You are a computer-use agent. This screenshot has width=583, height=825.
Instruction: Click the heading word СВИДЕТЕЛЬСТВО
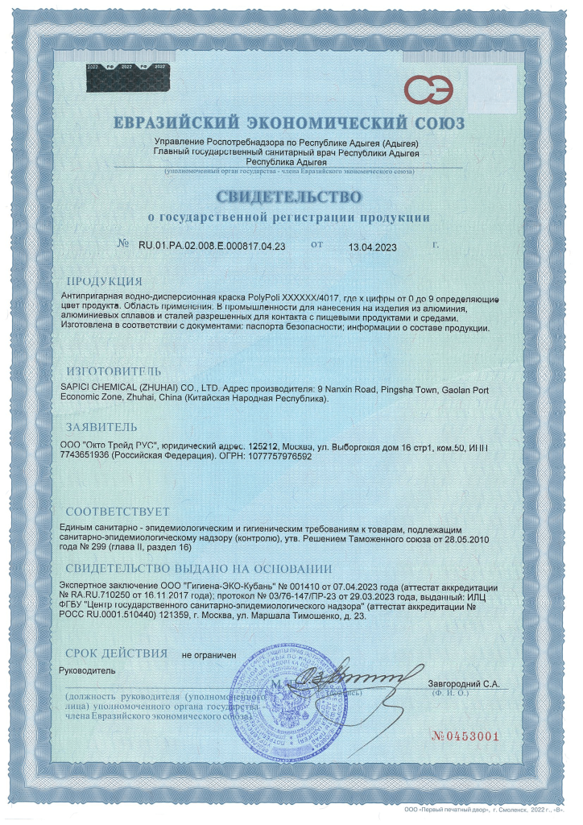pyautogui.click(x=287, y=197)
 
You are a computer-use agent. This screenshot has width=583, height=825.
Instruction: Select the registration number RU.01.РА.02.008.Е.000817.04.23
pyautogui.click(x=213, y=244)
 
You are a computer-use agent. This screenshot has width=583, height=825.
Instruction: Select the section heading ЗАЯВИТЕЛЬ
pyautogui.click(x=101, y=426)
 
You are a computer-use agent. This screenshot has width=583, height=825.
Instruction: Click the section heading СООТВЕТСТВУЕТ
pyautogui.click(x=118, y=512)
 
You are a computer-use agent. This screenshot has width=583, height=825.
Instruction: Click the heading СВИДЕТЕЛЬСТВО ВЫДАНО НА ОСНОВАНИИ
pyautogui.click(x=198, y=568)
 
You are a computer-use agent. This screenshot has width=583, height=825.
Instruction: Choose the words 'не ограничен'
pyautogui.click(x=209, y=655)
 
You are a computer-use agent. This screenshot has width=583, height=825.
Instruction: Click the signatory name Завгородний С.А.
pyautogui.click(x=464, y=683)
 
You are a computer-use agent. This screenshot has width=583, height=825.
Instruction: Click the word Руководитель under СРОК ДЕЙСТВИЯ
pyautogui.click(x=88, y=670)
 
